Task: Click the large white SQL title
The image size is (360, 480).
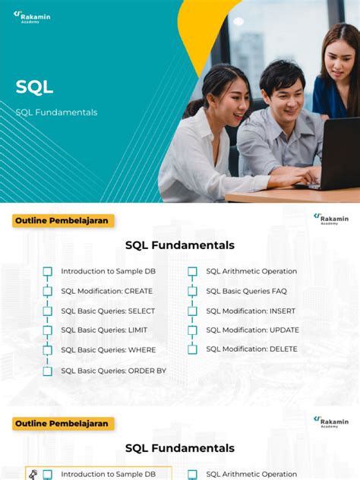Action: click(34, 87)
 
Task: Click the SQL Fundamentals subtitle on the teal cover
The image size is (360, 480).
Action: click(56, 112)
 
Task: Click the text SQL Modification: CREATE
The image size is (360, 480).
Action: click(106, 291)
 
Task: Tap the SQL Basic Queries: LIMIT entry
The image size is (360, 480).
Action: click(104, 330)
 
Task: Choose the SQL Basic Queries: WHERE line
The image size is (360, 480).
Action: click(108, 350)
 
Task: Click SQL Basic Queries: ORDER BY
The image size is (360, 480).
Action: click(113, 371)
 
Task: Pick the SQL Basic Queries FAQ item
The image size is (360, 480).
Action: click(246, 291)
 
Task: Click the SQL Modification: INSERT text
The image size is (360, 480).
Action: click(251, 311)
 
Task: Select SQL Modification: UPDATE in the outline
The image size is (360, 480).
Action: click(252, 330)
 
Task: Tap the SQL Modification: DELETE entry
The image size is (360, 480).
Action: click(251, 350)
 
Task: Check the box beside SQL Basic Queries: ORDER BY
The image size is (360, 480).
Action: click(47, 371)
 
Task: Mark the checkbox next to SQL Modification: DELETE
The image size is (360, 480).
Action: click(192, 350)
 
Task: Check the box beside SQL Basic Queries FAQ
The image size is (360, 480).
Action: click(192, 291)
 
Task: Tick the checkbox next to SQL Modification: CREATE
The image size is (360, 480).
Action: click(47, 291)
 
